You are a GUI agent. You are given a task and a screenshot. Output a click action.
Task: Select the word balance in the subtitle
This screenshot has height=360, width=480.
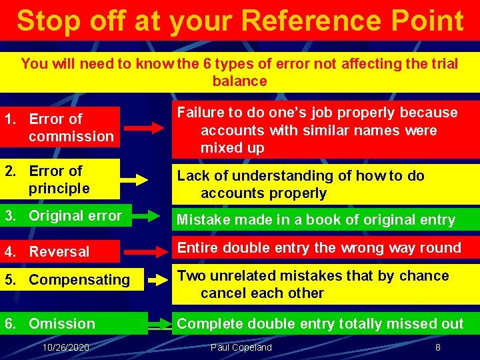[239, 81]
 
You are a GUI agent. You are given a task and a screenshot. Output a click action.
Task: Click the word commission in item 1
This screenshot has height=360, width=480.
[71, 136]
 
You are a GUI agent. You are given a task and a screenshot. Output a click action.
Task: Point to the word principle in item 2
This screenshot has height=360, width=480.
[59, 188]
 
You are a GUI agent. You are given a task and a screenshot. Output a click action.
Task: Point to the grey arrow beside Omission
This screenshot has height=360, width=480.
[159, 326]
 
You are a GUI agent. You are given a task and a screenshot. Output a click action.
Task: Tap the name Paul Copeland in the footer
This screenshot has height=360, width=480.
[241, 347]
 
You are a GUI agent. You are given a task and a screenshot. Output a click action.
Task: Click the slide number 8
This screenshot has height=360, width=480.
[437, 347]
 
